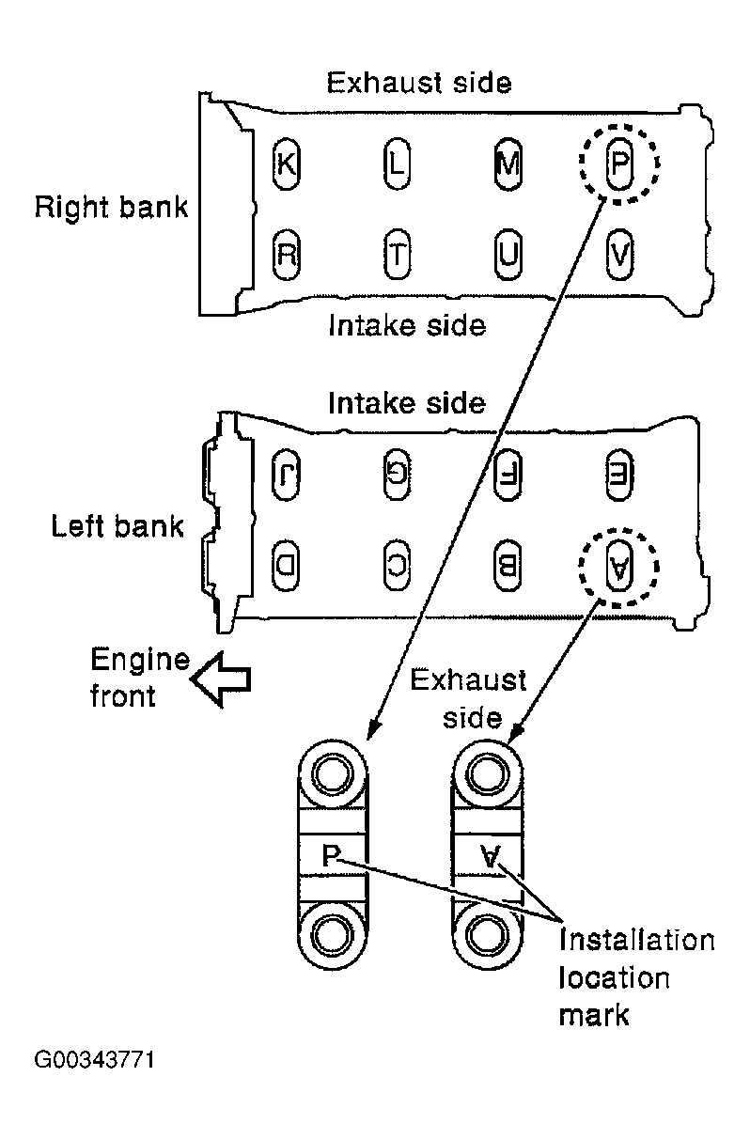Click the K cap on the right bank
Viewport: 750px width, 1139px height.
(x=286, y=164)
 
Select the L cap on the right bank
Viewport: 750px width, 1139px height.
(x=397, y=164)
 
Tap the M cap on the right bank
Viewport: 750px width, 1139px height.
(x=508, y=164)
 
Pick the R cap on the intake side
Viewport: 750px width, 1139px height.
(x=286, y=254)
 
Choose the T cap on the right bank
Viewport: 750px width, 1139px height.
(x=397, y=254)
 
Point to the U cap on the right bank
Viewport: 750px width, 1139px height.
(x=508, y=254)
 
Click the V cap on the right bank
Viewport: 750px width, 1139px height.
(x=619, y=254)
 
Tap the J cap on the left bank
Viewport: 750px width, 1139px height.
(x=286, y=475)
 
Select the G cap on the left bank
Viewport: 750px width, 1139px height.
(x=397, y=475)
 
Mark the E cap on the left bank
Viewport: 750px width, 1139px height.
(x=619, y=475)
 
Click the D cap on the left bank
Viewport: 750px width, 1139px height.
(x=286, y=565)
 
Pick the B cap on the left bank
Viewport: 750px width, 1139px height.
(x=508, y=565)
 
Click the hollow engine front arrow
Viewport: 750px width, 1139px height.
(x=221, y=679)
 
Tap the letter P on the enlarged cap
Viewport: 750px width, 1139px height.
(x=331, y=855)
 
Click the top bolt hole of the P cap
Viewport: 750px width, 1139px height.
(x=332, y=775)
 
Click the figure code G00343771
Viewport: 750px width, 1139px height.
(x=94, y=1060)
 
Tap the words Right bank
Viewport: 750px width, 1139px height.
(x=111, y=208)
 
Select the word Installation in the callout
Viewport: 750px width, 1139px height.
(x=636, y=940)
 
